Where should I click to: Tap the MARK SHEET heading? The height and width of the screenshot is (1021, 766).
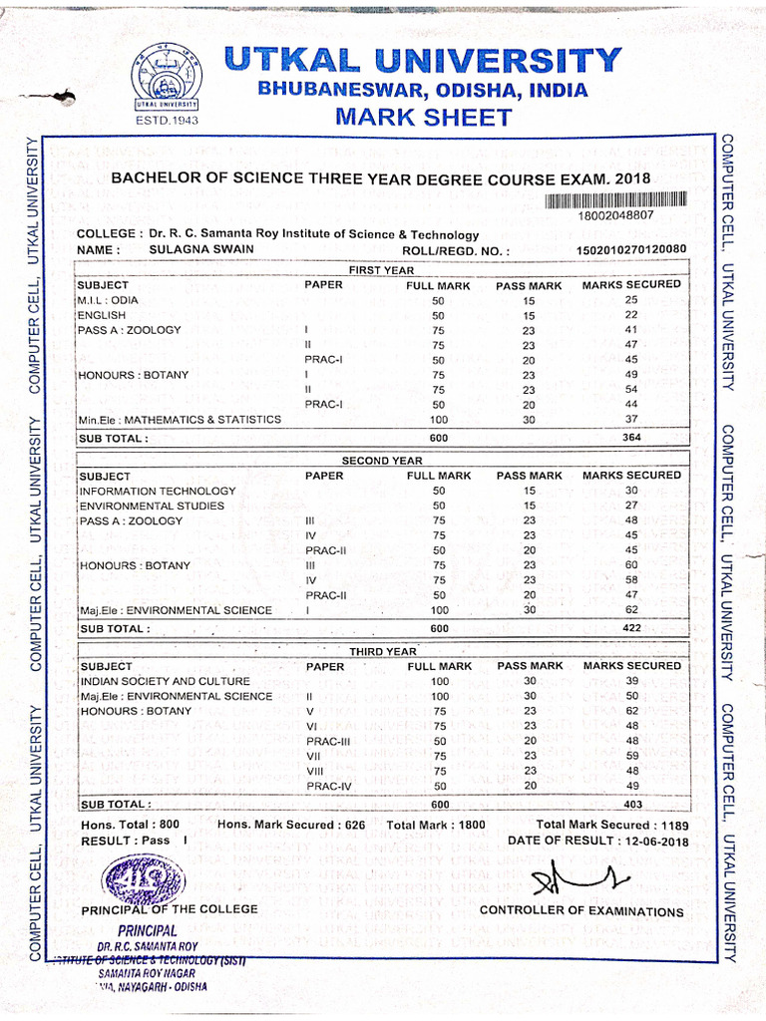(x=424, y=117)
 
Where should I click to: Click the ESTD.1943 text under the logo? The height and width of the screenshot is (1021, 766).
(x=166, y=122)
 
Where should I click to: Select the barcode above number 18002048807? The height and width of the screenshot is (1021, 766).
(x=615, y=199)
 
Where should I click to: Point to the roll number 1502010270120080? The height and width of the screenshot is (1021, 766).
(x=631, y=249)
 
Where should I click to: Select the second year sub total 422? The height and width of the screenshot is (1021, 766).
(x=631, y=628)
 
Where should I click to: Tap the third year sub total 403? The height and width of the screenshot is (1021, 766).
(x=631, y=804)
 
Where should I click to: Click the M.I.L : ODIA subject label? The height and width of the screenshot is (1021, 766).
(x=109, y=300)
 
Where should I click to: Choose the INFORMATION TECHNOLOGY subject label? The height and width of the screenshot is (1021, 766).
(x=158, y=491)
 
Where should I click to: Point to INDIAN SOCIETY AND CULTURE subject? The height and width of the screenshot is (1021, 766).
(x=165, y=681)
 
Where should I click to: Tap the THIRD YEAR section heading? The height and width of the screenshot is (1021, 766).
(x=382, y=651)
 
